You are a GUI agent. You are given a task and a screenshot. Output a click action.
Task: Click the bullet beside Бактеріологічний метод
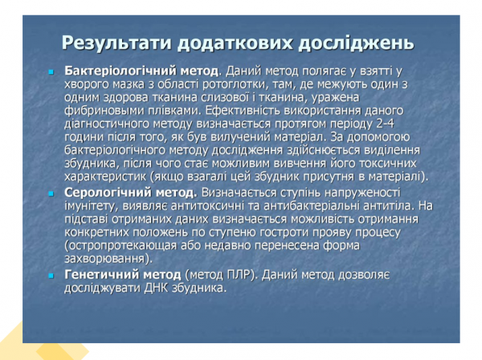pos(50,71)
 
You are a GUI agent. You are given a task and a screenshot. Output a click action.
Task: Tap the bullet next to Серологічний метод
pos(50,194)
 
